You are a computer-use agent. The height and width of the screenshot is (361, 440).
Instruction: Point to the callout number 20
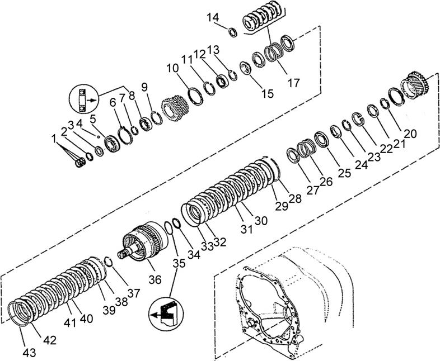click(x=410, y=134)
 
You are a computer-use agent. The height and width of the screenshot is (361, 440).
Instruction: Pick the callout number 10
click(x=172, y=68)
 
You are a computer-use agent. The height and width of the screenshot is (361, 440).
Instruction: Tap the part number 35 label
click(x=178, y=263)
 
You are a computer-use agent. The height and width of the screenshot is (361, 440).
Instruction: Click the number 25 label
click(x=344, y=174)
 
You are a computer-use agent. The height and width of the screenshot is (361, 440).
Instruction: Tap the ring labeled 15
click(x=245, y=68)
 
